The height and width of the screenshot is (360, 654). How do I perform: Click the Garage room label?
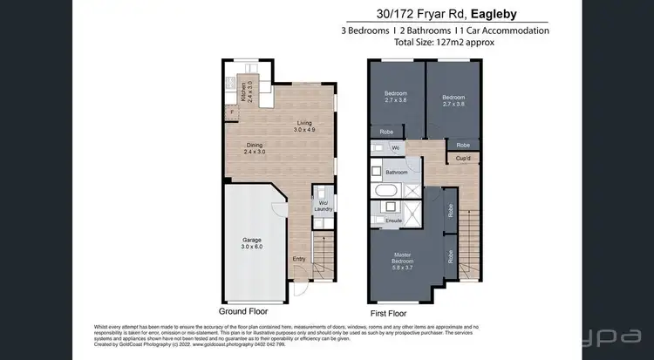(x=252, y=242)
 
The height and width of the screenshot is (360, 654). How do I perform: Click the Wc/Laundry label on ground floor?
(x=320, y=207)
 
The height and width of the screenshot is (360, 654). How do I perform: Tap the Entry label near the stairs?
(x=299, y=258)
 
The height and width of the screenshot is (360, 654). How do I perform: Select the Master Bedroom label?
(x=403, y=260)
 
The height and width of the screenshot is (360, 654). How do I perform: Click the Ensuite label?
(x=394, y=221)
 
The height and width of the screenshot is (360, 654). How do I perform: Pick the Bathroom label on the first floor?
(x=397, y=173)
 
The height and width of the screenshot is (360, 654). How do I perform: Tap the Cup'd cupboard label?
(x=463, y=158)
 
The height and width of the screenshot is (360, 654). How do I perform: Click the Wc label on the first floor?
(x=395, y=147)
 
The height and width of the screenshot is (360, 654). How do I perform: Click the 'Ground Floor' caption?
(x=243, y=311)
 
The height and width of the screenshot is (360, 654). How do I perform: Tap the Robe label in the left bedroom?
(x=386, y=132)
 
